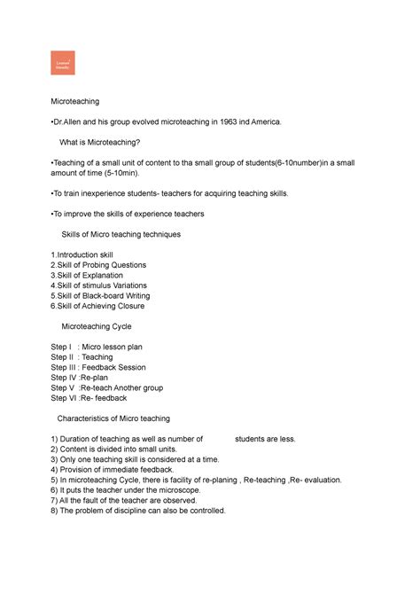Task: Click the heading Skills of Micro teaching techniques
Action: pos(121,235)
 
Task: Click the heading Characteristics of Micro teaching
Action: pos(113,418)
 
